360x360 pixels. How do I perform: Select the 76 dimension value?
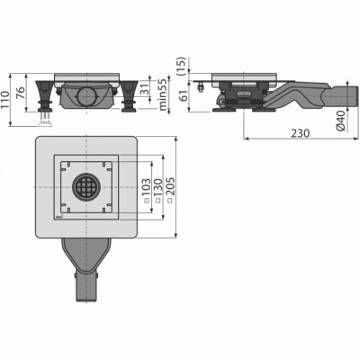click(21, 93)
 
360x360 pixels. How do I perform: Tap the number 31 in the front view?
click(146, 90)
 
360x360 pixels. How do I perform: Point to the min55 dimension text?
click(163, 94)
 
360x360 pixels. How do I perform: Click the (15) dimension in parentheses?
click(182, 66)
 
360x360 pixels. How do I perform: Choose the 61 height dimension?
click(182, 95)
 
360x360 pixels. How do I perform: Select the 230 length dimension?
click(301, 133)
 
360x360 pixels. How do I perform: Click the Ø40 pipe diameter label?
click(341, 120)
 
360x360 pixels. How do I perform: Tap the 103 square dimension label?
click(146, 191)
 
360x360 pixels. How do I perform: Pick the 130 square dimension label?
click(158, 191)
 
